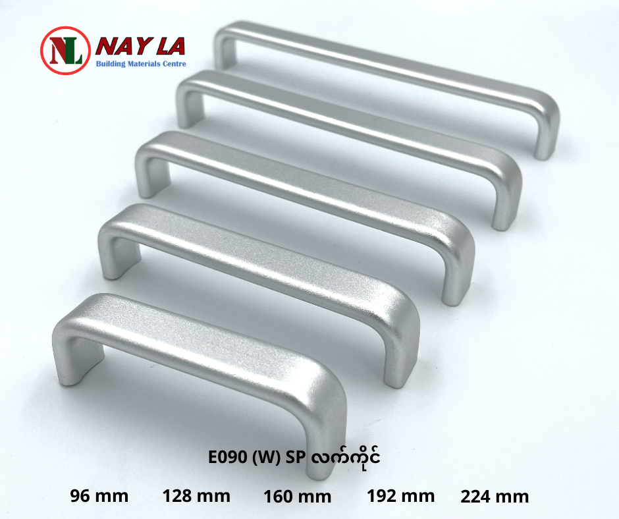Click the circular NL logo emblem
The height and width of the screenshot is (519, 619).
[x=66, y=50]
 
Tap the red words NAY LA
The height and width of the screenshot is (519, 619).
[x=140, y=47]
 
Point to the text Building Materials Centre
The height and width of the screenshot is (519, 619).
[x=141, y=64]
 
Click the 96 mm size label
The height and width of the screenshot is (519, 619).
[x=99, y=496]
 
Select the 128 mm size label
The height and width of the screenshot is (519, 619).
[x=196, y=496]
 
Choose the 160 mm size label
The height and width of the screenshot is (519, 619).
[x=297, y=497]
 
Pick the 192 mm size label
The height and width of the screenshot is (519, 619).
[x=400, y=496]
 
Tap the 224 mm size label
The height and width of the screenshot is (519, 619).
[x=495, y=497]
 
